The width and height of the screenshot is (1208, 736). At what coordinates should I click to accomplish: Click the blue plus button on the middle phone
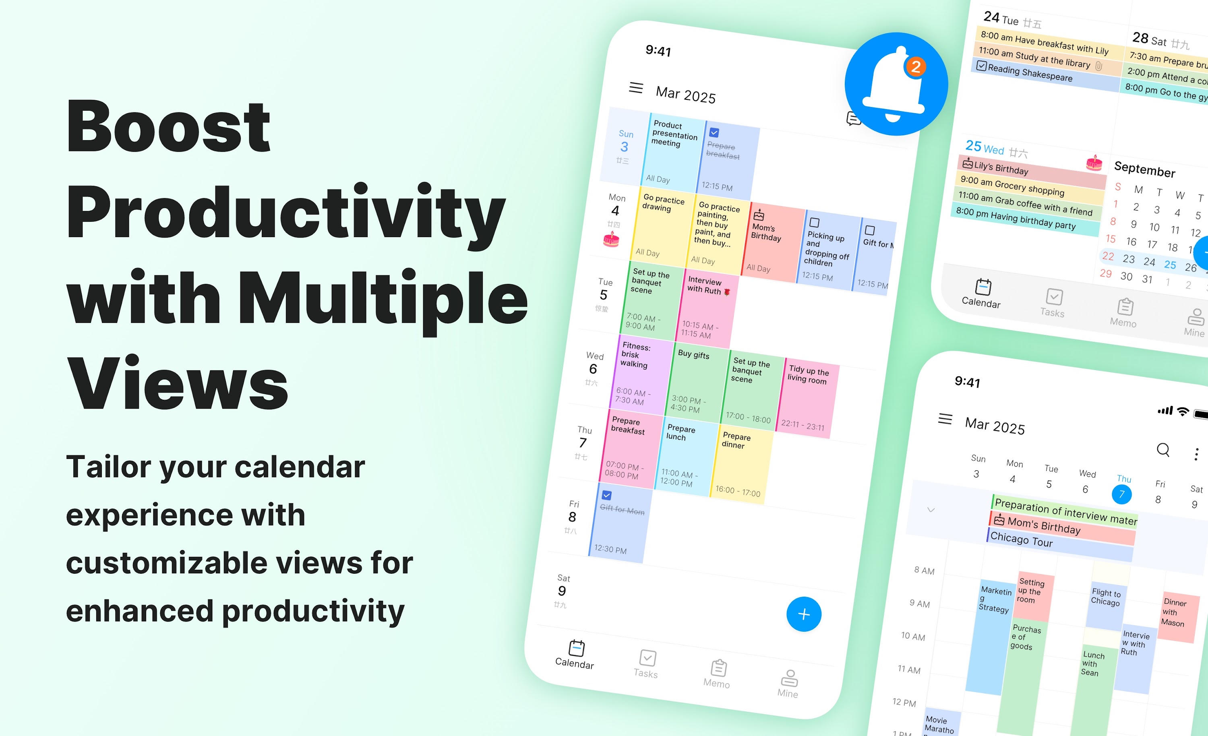[x=804, y=614]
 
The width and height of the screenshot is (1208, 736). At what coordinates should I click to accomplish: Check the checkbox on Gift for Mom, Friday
[x=606, y=495]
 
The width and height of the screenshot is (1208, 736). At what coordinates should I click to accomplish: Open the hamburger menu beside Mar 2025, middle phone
[x=636, y=88]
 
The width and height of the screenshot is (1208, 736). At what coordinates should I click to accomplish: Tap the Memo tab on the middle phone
[x=717, y=674]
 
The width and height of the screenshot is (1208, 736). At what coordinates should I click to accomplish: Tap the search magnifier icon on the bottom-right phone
[x=1163, y=449]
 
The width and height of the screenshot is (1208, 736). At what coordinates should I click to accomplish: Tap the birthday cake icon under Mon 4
[x=611, y=240]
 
